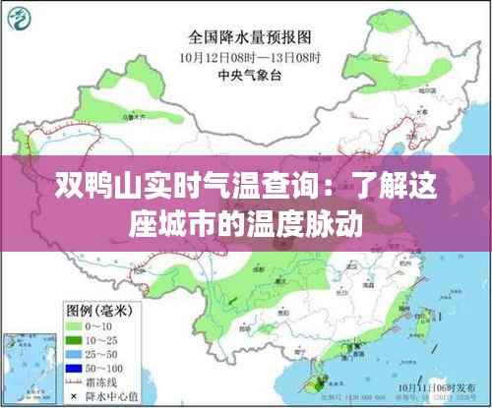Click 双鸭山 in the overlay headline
pyautogui.click(x=99, y=185)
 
